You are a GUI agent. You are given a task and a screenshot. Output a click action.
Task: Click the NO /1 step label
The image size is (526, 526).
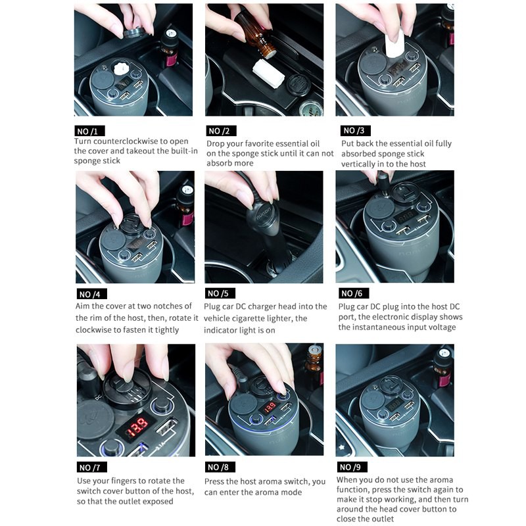tap(89, 131)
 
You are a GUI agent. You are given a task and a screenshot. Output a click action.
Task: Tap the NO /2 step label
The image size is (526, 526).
tap(221, 131)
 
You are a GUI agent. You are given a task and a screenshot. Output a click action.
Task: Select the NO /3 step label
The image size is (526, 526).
tap(356, 130)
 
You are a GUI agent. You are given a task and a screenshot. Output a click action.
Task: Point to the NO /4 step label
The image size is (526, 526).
tap(91, 294)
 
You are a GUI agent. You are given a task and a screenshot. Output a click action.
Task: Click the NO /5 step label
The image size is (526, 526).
tap(220, 293)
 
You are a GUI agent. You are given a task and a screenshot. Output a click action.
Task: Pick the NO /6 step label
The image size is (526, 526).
tap(354, 293)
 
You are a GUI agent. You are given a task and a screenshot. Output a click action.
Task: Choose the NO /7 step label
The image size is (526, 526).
tap(92, 467)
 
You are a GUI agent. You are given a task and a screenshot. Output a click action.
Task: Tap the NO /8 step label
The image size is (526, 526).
tap(220, 467)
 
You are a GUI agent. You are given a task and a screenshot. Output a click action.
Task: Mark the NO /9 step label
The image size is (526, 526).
tap(352, 467)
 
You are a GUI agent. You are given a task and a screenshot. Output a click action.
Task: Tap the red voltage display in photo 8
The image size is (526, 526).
tap(270, 408)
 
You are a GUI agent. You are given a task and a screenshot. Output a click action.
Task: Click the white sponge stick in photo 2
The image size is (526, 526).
tap(269, 74)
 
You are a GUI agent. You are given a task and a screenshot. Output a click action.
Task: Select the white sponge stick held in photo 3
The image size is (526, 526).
tap(395, 43)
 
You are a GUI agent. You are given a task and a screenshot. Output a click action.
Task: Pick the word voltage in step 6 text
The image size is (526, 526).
tap(440, 327)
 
